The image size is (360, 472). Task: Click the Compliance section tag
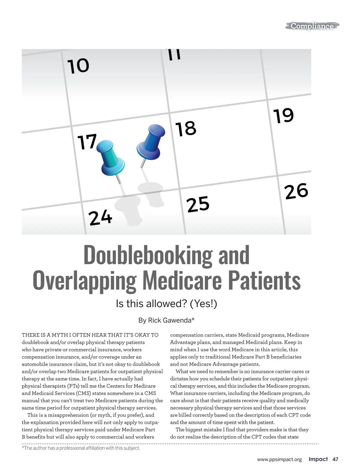click(312, 26)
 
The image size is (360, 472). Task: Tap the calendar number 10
click(78, 66)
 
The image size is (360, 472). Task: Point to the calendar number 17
click(87, 142)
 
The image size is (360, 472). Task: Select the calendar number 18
click(186, 129)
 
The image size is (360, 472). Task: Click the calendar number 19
click(283, 116)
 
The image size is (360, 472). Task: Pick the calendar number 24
click(100, 218)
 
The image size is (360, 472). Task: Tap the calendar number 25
click(198, 204)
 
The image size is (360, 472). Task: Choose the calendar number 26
click(296, 191)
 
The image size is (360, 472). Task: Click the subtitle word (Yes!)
click(203, 304)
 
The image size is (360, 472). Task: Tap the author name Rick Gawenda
click(169, 320)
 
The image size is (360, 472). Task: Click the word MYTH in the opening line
click(60, 335)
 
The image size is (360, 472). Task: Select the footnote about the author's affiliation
click(81, 448)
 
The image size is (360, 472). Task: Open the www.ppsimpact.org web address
click(279, 459)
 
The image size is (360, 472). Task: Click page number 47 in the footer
click(335, 459)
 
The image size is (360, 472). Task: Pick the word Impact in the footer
click(318, 459)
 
